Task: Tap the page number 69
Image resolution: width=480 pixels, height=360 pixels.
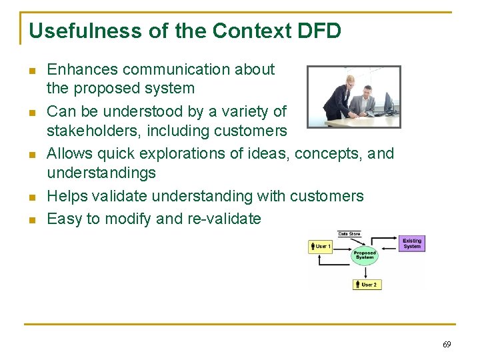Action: (x=446, y=345)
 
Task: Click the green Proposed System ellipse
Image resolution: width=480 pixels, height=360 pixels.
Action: (x=365, y=255)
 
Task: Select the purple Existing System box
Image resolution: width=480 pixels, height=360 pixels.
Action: (x=412, y=243)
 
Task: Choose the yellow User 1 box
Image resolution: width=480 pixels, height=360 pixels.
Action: (x=321, y=247)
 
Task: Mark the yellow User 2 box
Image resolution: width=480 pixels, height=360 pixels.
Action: (x=367, y=285)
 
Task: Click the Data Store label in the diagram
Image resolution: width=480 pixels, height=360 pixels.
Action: (x=350, y=234)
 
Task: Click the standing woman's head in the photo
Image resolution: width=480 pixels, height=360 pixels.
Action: (x=349, y=81)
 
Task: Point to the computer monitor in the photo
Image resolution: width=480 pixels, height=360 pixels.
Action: (x=389, y=103)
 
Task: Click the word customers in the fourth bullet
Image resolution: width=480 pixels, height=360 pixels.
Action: (x=327, y=196)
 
